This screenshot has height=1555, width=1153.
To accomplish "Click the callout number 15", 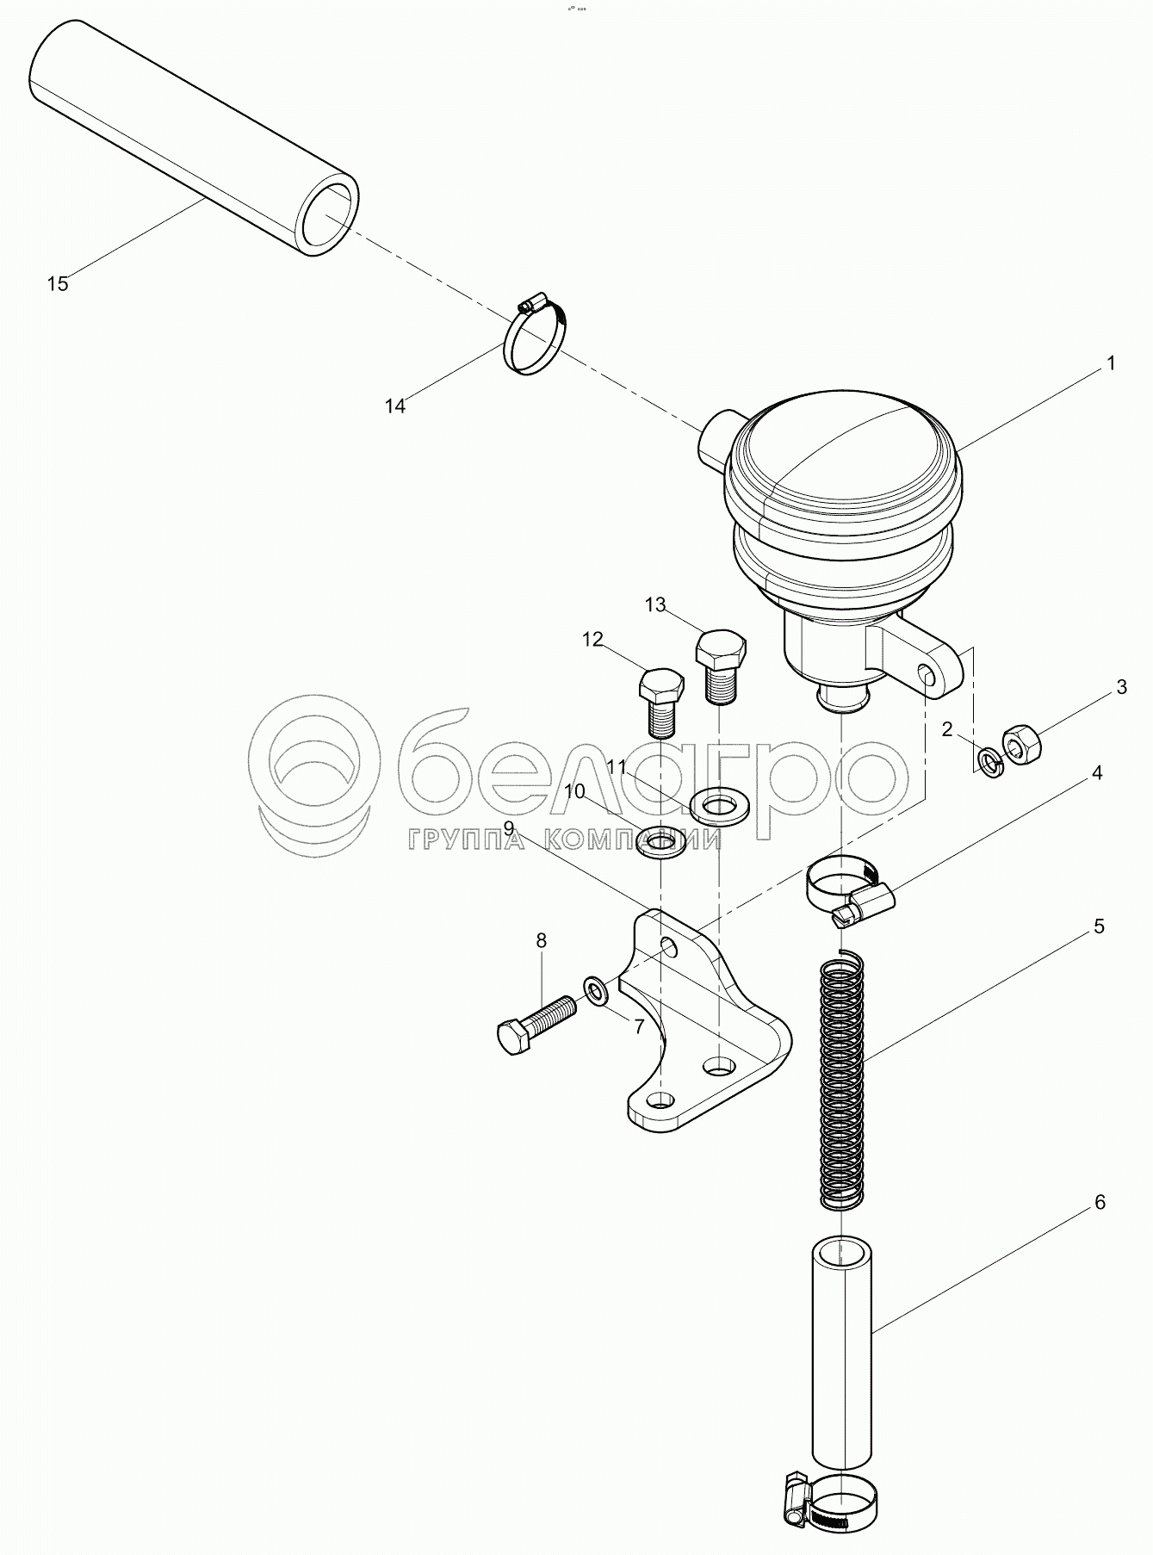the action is pyautogui.click(x=58, y=283).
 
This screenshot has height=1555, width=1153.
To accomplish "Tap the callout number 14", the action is pyautogui.click(x=395, y=406).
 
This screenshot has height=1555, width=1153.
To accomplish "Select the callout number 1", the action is pyautogui.click(x=1110, y=363).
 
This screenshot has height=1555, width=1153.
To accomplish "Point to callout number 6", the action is pyautogui.click(x=1100, y=1202).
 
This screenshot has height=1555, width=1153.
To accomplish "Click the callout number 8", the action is pyautogui.click(x=541, y=941).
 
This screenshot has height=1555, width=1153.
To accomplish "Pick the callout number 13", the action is pyautogui.click(x=656, y=605).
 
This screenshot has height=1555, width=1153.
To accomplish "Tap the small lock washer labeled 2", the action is pyautogui.click(x=991, y=762).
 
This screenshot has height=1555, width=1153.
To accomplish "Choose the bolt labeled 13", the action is pyautogui.click(x=719, y=666).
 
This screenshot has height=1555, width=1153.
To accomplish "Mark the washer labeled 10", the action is pyautogui.click(x=662, y=843).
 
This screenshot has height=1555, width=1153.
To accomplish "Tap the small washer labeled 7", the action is pyautogui.click(x=596, y=991).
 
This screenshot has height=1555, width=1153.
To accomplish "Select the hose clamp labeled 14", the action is pyautogui.click(x=536, y=338).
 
